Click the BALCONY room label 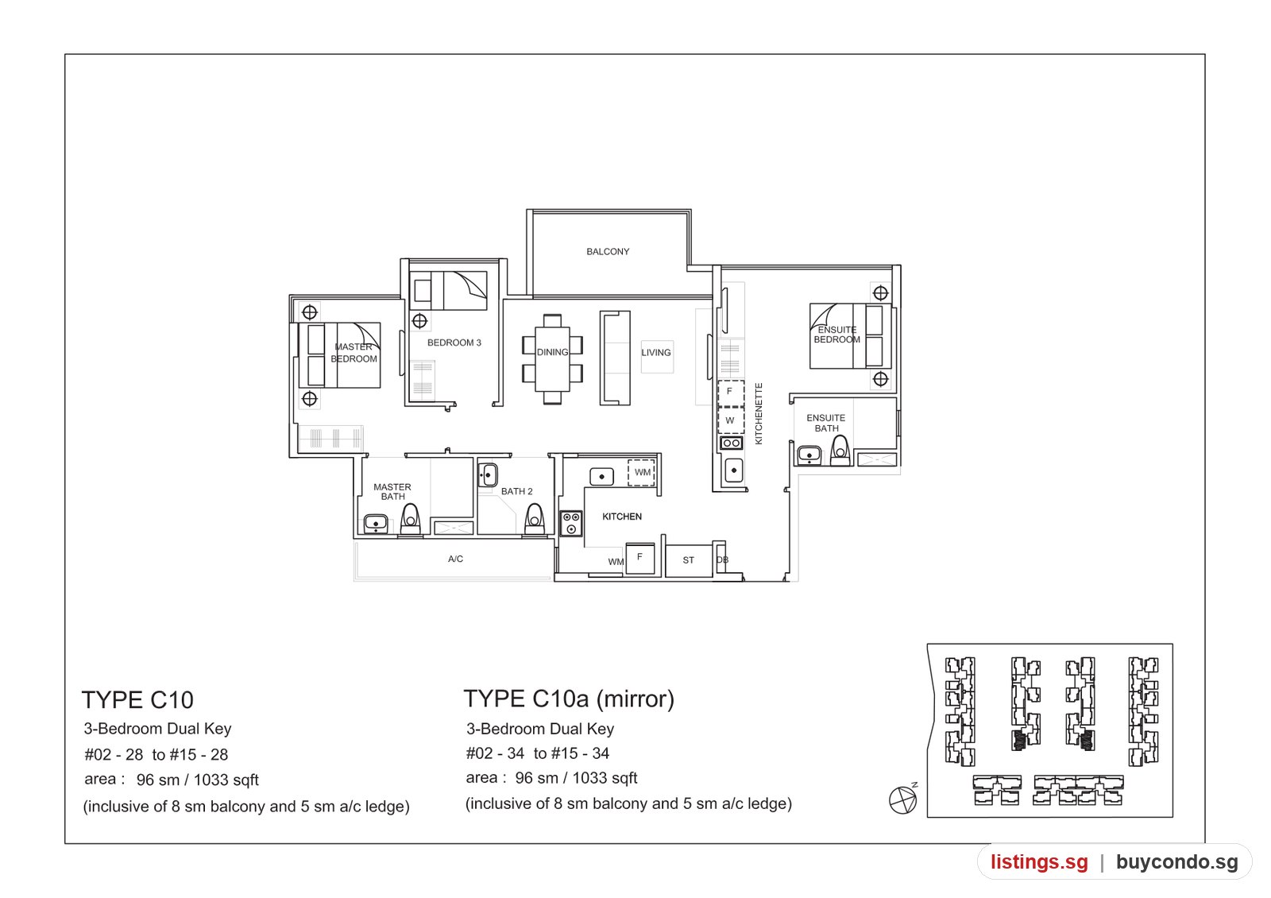pos(608,251)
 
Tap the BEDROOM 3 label pos(454,343)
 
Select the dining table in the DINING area pos(552,358)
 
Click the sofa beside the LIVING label pos(615,358)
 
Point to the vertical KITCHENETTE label pos(759,414)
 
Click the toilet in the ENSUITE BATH pos(840,451)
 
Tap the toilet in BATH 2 pos(534,520)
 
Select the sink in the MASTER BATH pos(376,524)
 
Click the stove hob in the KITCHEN pos(571,524)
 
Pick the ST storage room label pos(688,560)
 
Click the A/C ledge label pos(455,559)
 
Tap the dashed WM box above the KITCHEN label pos(642,473)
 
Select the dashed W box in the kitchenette pos(730,420)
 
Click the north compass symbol pos(902,799)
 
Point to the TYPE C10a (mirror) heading pos(569,699)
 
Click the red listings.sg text pos(1040,862)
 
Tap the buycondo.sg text pos(1176,862)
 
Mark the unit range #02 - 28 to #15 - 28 pos(156,754)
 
